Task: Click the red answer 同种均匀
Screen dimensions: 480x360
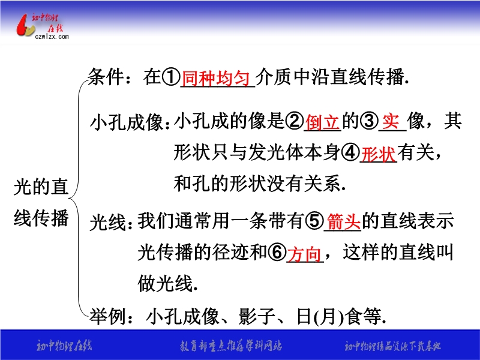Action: pyautogui.click(x=216, y=78)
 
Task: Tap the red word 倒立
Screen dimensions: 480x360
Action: pyautogui.click(x=322, y=122)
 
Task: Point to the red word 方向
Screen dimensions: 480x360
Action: pyautogui.click(x=305, y=254)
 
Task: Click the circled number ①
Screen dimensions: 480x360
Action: pyautogui.click(x=171, y=77)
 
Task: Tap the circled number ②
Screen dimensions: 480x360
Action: pyautogui.click(x=295, y=121)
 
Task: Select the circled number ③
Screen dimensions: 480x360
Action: pyautogui.click(x=369, y=121)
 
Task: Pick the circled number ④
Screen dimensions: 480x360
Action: pyautogui.click(x=350, y=152)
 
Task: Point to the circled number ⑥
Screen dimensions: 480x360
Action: pyautogui.click(x=277, y=253)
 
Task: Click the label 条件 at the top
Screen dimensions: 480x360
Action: pyautogui.click(x=106, y=77)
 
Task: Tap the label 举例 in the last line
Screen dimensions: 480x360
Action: pyautogui.click(x=107, y=316)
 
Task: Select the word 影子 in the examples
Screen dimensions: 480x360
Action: pyautogui.click(x=257, y=316)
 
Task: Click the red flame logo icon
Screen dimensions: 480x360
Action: pyautogui.click(x=25, y=25)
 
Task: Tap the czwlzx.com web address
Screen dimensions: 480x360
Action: pyautogui.click(x=52, y=37)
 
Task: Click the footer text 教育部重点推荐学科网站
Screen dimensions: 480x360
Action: pyautogui.click(x=231, y=346)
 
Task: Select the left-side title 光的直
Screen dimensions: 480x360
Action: pyautogui.click(x=41, y=187)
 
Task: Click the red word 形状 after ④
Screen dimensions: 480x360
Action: pyautogui.click(x=379, y=154)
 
